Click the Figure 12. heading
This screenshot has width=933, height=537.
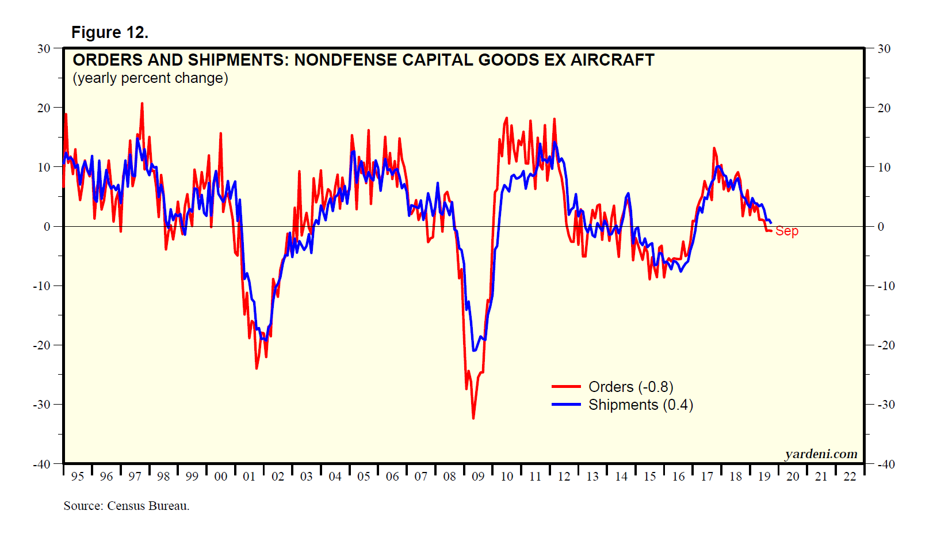[109, 33]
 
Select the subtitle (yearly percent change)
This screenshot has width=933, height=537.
[150, 78]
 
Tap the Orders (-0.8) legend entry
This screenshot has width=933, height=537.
[630, 387]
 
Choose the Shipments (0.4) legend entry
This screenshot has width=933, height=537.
[640, 405]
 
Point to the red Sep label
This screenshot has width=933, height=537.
[786, 231]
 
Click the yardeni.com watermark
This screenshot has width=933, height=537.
[821, 454]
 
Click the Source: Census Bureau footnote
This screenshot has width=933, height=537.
[126, 506]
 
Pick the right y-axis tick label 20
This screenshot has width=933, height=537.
[884, 108]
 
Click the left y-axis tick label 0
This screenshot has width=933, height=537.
[47, 227]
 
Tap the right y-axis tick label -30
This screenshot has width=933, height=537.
[886, 405]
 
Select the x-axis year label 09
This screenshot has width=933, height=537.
[478, 477]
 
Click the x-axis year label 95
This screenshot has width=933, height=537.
[77, 477]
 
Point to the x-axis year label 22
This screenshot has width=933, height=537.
[850, 477]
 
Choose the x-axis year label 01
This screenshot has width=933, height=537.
[249, 477]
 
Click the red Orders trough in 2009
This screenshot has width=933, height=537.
[473, 418]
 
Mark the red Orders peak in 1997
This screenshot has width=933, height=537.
[142, 104]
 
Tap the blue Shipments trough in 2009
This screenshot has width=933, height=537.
[474, 350]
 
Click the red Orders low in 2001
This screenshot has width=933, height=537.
[257, 368]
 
